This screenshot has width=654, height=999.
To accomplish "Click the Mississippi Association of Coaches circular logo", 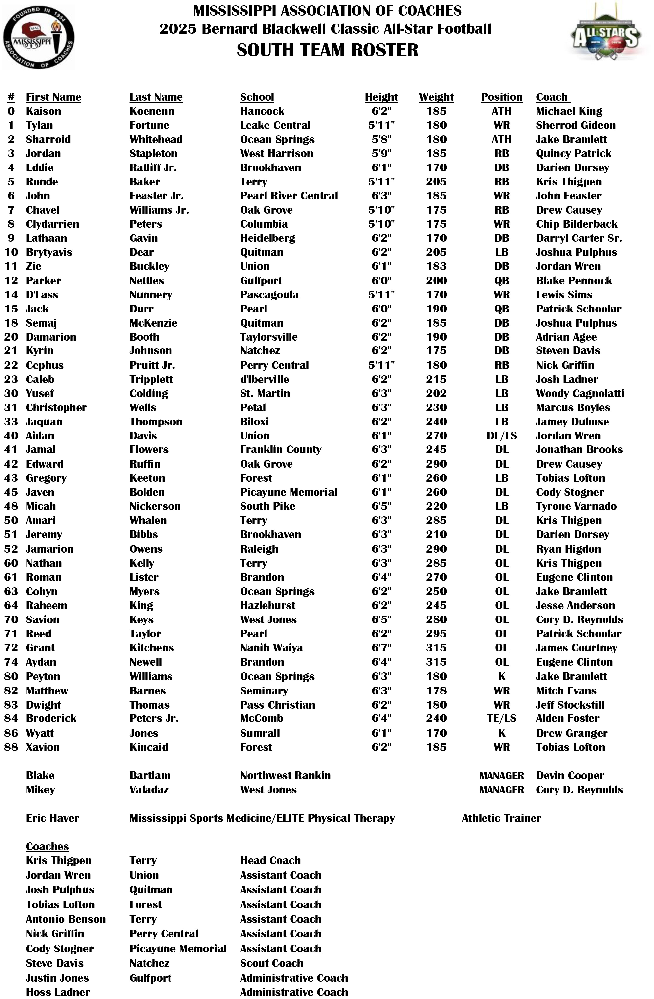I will click(x=39, y=37).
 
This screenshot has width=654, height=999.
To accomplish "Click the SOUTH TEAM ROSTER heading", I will click(x=327, y=50).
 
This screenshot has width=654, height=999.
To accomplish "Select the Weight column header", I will click(x=436, y=97).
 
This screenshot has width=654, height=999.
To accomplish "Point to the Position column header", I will click(x=501, y=97).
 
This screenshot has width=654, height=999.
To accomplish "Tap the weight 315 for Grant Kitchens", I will click(x=436, y=648).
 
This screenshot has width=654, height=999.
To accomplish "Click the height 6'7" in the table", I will click(x=381, y=648).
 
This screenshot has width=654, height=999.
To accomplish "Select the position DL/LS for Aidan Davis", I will click(x=501, y=436).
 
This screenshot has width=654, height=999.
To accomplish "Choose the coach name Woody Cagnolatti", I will click(x=580, y=393).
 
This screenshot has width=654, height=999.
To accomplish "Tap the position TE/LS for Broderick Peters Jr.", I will click(x=501, y=718).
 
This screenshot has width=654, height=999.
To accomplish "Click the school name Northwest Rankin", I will click(x=285, y=775).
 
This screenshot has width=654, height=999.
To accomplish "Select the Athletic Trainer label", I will click(x=501, y=818).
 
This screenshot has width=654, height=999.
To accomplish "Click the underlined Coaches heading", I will click(x=47, y=846).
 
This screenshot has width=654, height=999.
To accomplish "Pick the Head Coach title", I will click(x=270, y=860).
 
